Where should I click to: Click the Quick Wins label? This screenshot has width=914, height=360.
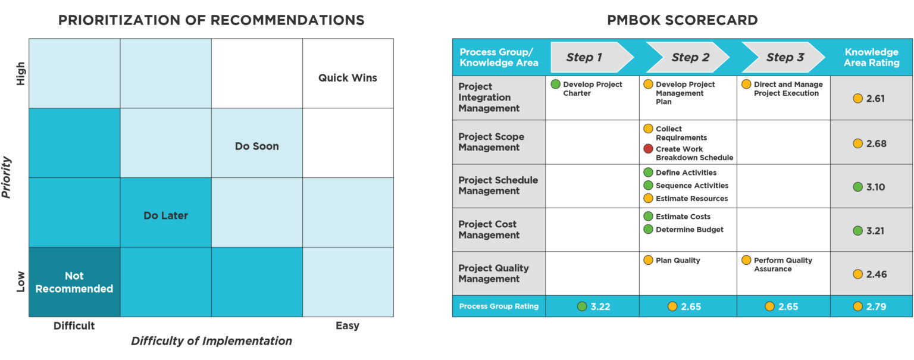[x=348, y=77]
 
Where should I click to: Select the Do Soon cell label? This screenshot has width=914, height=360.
[x=256, y=146]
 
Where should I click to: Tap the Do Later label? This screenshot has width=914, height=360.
[x=165, y=215]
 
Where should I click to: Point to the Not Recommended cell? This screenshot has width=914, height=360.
[x=74, y=282]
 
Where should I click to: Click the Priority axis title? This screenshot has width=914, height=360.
[x=7, y=177]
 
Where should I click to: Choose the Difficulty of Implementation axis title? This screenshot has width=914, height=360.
[x=211, y=341]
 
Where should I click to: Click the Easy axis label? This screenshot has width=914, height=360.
[x=348, y=325]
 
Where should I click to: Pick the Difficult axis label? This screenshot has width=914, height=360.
[x=74, y=325]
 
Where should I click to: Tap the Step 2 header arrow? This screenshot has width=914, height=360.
[x=688, y=58]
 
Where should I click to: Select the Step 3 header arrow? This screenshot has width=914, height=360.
[x=784, y=58]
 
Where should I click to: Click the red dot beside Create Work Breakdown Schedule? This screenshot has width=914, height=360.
[x=648, y=149]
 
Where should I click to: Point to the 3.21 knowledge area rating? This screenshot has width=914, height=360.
[x=875, y=231]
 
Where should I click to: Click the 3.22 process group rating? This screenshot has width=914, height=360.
[x=600, y=306]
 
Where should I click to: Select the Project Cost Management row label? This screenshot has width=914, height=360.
[x=489, y=230]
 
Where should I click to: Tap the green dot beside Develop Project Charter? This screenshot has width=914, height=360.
[x=555, y=84]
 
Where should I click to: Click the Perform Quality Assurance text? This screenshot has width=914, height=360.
[x=782, y=264]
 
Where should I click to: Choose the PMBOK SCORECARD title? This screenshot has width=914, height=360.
[x=682, y=20]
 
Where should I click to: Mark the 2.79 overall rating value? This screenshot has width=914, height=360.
[x=876, y=306]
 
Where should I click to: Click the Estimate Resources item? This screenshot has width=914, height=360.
[x=691, y=198]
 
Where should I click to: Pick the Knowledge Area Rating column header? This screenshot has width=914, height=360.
[x=871, y=58]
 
